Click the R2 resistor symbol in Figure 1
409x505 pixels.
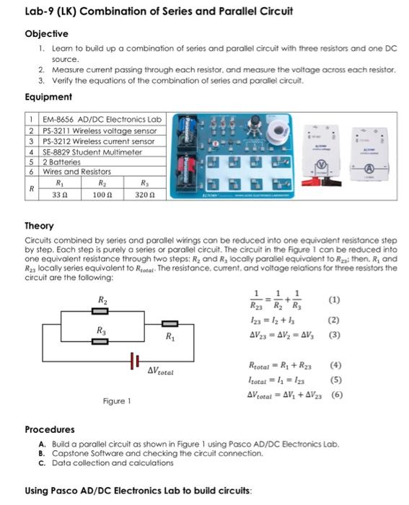coord(100,310)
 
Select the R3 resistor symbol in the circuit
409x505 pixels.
coord(100,340)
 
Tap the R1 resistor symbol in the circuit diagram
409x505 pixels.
coord(170,325)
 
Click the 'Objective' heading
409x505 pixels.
coord(46,33)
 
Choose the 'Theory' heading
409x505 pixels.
coord(40,225)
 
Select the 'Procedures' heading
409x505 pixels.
coord(50,429)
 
